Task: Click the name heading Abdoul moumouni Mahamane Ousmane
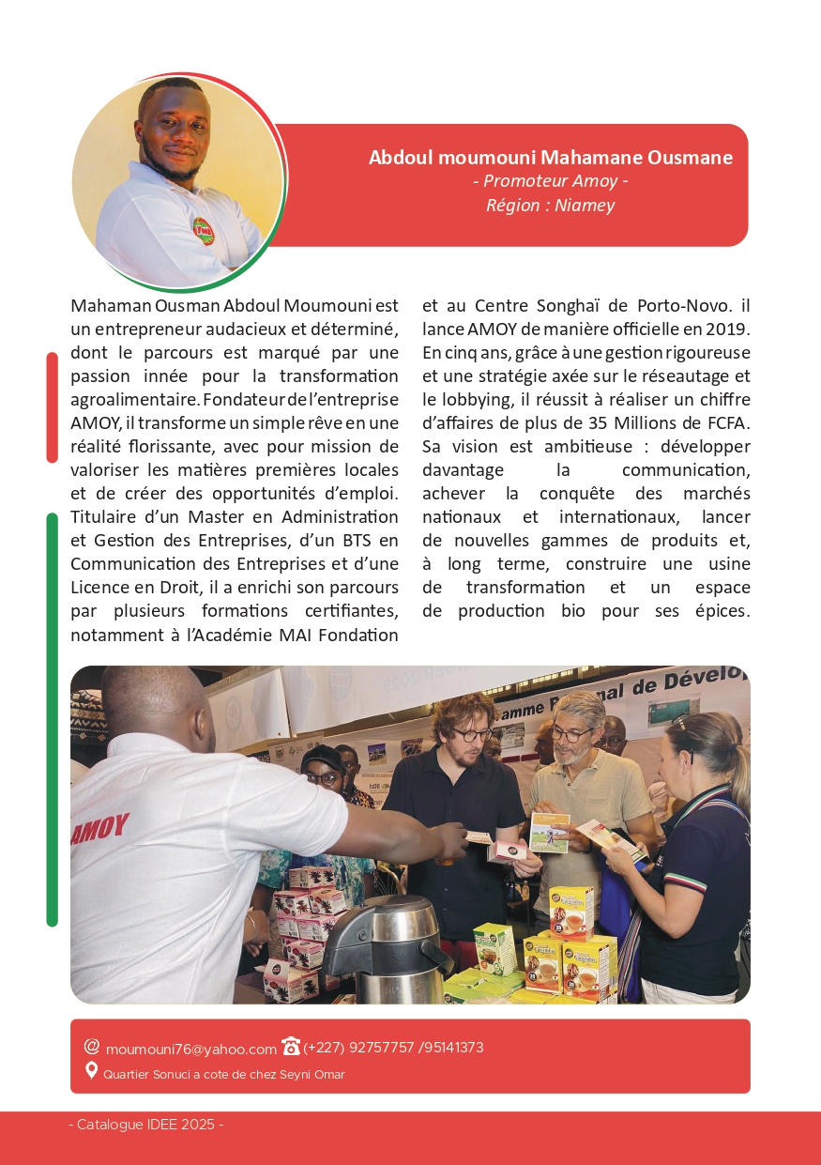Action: click(551, 157)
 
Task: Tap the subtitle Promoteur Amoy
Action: click(551, 181)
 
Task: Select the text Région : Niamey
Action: click(551, 205)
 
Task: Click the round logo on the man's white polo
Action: click(203, 230)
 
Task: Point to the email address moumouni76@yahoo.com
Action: click(190, 1049)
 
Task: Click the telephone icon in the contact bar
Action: click(291, 1047)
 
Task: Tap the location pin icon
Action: click(91, 1071)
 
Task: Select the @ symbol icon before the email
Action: click(92, 1047)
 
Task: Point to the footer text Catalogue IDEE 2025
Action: click(145, 1125)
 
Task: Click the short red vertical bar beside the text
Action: click(53, 407)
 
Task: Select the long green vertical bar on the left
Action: click(53, 718)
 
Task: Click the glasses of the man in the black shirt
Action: click(472, 733)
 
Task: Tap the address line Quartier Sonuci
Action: click(223, 1074)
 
